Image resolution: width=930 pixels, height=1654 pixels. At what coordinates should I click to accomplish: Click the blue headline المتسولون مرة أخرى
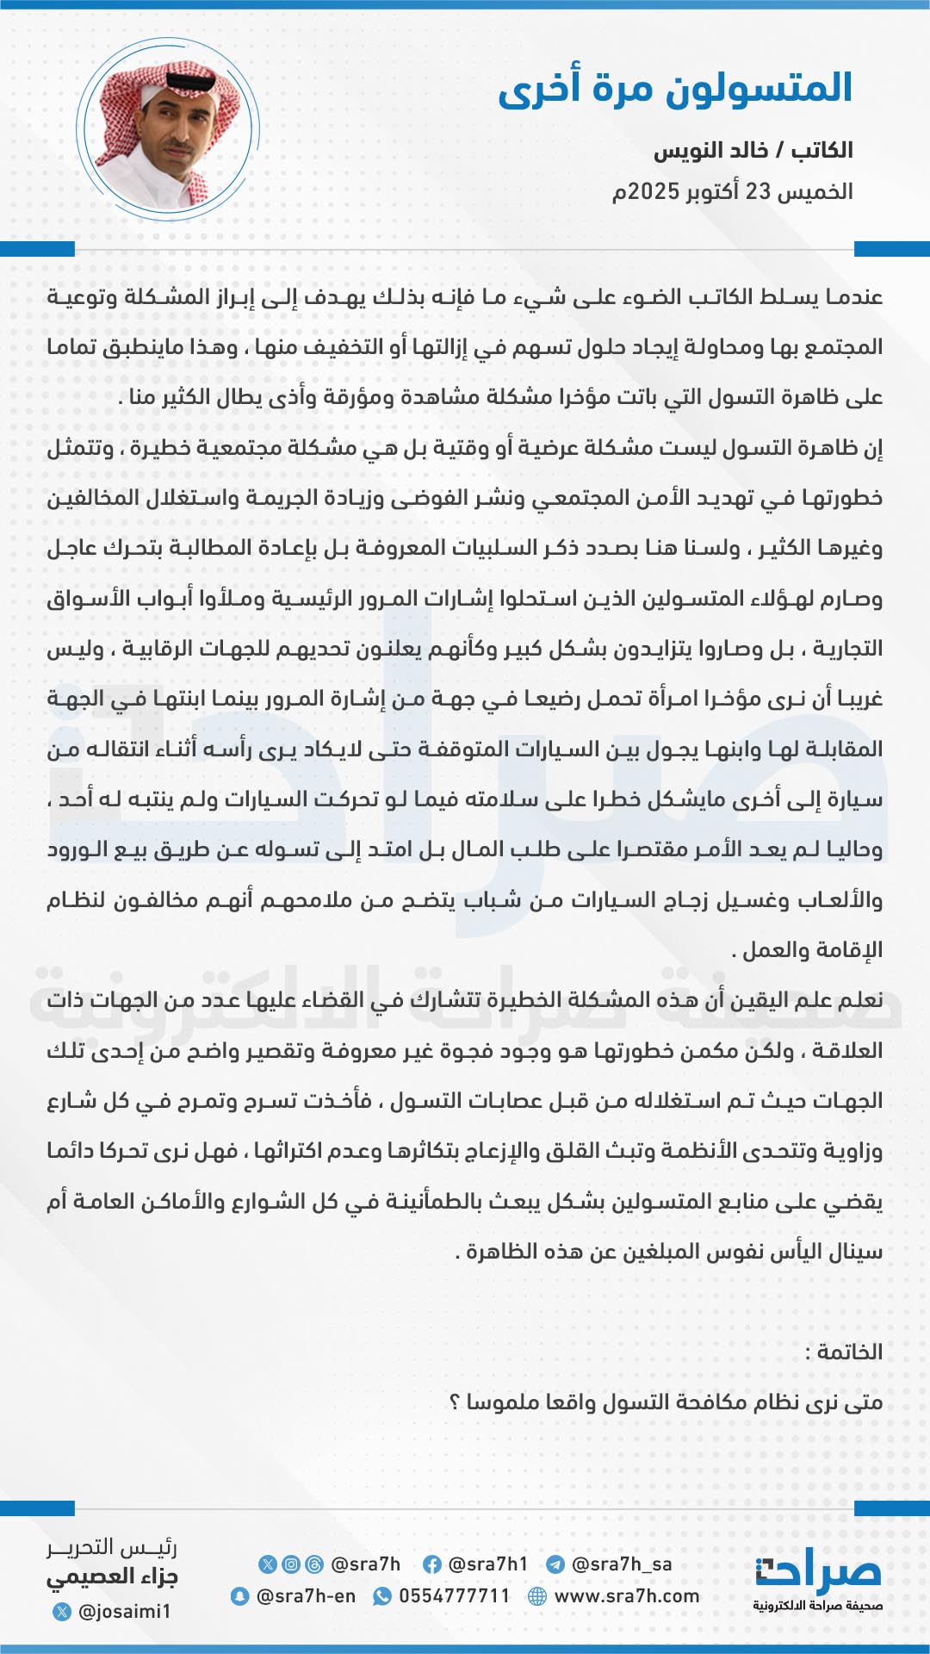tap(675, 89)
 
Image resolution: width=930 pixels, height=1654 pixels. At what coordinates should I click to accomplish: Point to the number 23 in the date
tap(758, 191)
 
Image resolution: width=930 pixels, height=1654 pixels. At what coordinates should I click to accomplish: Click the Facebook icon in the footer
tap(432, 1564)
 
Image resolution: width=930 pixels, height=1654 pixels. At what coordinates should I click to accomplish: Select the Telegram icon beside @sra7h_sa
tap(555, 1564)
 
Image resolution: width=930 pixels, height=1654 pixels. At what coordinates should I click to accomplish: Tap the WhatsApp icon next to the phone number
tap(381, 1596)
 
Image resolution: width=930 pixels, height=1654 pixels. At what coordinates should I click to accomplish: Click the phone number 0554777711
tap(455, 1596)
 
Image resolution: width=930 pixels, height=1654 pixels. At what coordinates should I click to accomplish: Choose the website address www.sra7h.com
tap(627, 1596)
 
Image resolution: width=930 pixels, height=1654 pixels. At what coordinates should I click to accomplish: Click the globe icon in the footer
tap(537, 1596)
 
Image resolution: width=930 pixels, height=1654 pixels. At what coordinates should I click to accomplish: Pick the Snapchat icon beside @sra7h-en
tap(239, 1596)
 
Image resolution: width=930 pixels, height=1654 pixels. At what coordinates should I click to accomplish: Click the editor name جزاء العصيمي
tap(112, 1577)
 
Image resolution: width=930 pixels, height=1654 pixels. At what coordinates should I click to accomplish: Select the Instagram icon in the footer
tap(291, 1564)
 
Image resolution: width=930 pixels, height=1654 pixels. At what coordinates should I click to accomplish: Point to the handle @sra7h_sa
tap(622, 1564)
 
